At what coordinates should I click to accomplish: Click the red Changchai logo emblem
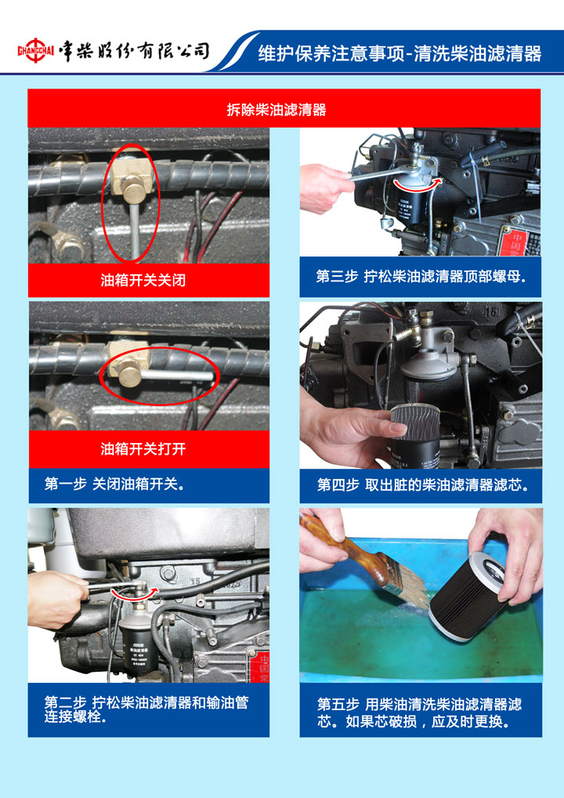tap(35, 50)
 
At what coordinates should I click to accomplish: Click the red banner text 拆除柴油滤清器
tap(277, 110)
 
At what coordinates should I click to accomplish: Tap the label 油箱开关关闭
tap(143, 280)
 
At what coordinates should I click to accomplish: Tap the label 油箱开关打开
tap(143, 449)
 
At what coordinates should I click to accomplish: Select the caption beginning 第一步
tap(114, 484)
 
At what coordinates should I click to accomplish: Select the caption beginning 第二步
tap(146, 709)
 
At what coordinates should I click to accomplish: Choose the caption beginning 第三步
tap(421, 277)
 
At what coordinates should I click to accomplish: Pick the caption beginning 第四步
tap(423, 484)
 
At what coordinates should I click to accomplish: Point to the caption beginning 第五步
tap(420, 713)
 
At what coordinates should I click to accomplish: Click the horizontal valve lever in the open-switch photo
tap(175, 375)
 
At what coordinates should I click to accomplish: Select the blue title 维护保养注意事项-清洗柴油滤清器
tap(399, 53)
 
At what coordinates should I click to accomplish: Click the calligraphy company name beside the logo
tap(134, 50)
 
